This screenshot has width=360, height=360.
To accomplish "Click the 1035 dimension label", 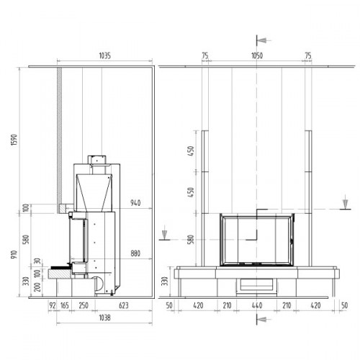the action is point(105,55).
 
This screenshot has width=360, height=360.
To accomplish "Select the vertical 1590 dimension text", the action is point(14,140).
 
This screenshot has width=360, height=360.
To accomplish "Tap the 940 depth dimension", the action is point(135,203).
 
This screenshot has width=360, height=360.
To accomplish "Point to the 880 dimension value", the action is point(135,253).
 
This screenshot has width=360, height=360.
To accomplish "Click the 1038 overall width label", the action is point(105,318).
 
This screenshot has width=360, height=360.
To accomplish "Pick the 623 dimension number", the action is point(124,305).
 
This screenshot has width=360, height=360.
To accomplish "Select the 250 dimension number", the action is point(84,305).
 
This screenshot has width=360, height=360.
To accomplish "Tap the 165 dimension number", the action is point(65,305).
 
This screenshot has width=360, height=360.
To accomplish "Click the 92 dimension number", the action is point(53,305).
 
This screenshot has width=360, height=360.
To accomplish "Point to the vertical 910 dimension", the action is point(14,254).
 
